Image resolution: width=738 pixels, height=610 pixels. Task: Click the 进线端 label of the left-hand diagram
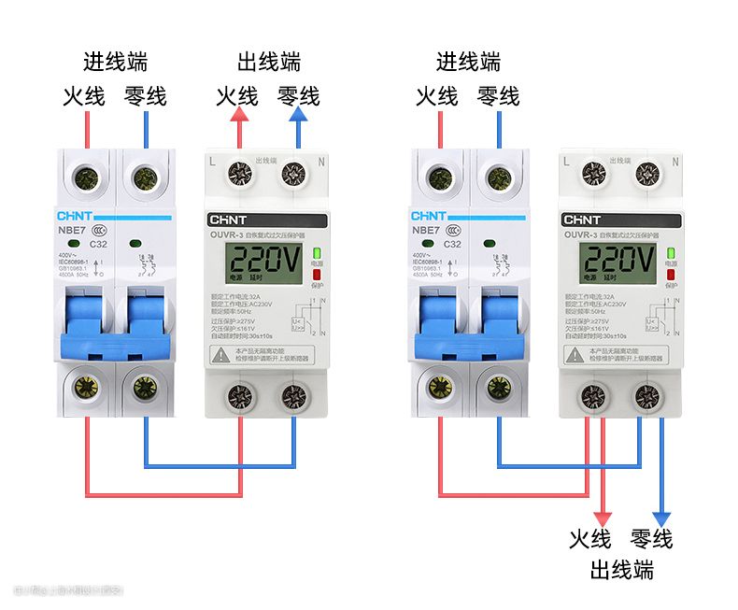coord(115,63)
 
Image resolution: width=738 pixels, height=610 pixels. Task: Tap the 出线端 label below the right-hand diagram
coord(621,570)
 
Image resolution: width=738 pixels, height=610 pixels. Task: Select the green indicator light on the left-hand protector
coord(316,253)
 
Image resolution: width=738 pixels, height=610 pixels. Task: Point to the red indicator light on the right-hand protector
coord(670,274)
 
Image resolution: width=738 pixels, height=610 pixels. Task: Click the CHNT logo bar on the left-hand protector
coord(267,220)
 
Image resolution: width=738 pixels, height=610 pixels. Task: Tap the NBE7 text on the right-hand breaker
coord(427,229)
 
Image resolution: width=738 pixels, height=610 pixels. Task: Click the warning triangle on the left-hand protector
coord(220,354)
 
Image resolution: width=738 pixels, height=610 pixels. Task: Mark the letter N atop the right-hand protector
coord(674,162)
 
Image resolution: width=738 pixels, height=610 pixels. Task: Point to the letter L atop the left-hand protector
coord(213,162)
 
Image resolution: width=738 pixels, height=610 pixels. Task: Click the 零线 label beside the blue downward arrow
coord(651,539)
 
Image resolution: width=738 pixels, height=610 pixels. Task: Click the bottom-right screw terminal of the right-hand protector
coord(646,394)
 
